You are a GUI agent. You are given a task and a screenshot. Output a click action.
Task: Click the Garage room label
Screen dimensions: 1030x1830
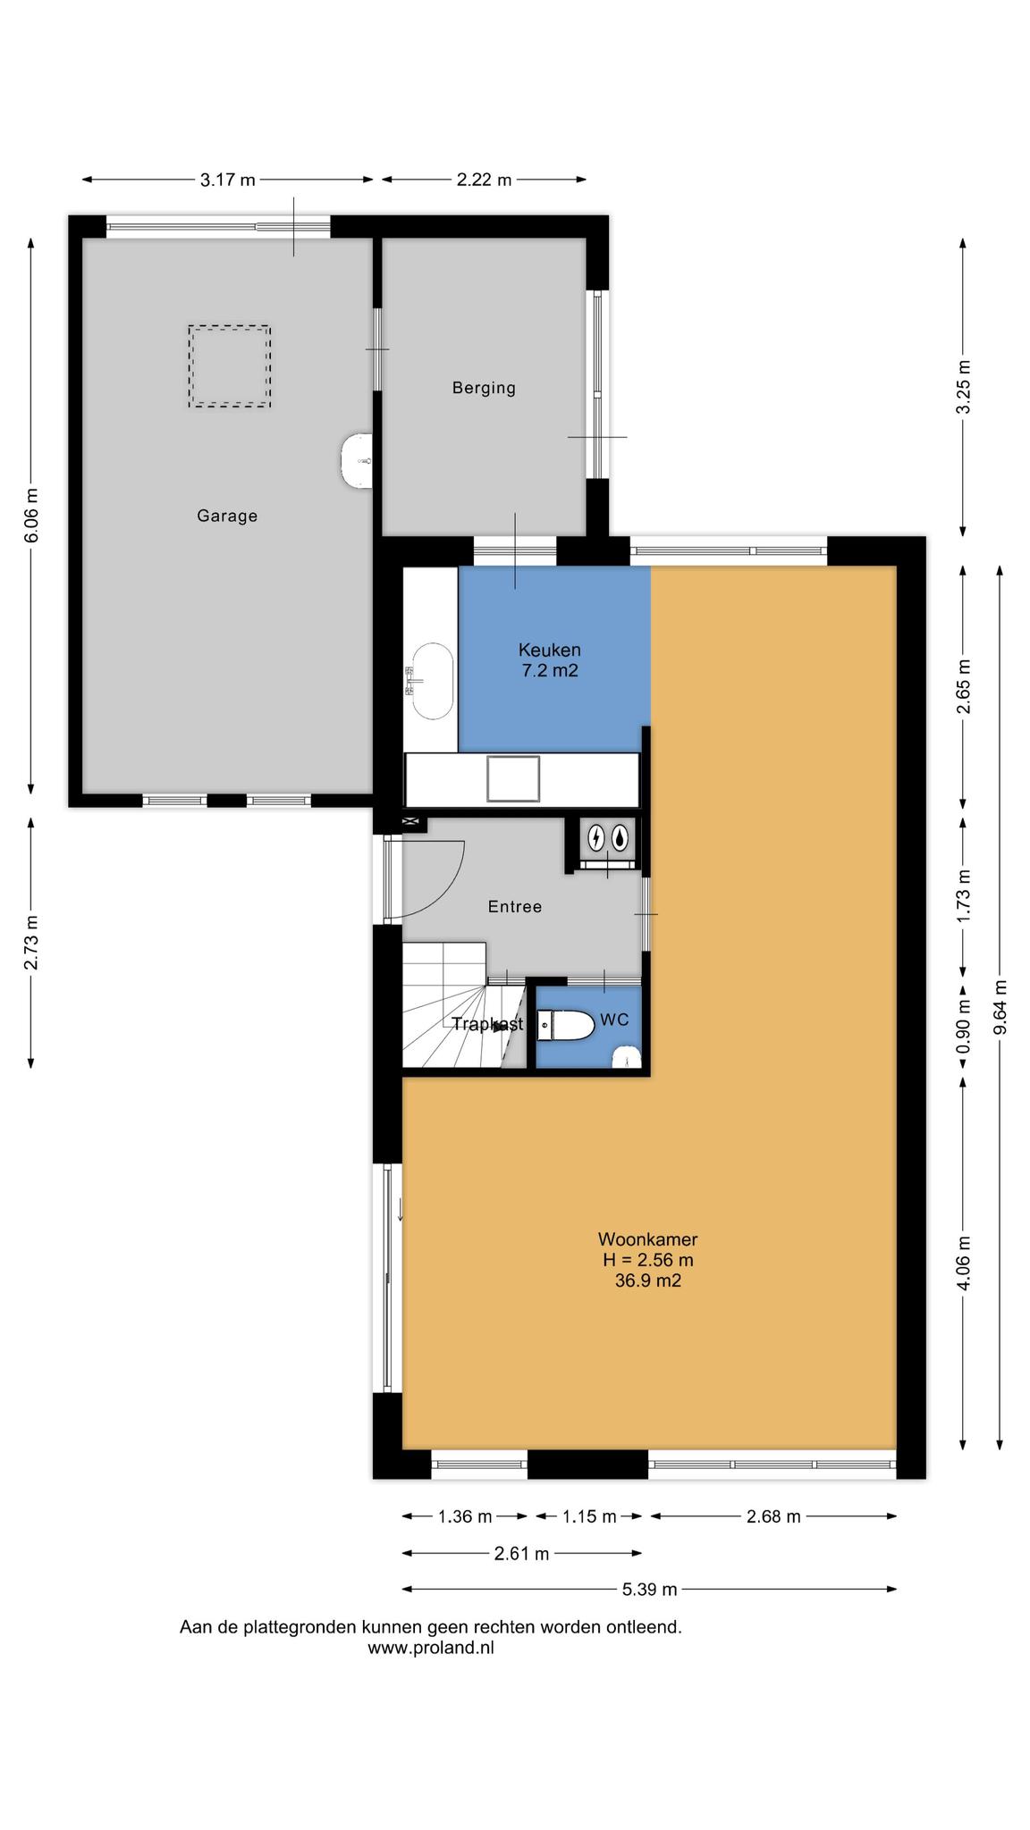click(x=227, y=516)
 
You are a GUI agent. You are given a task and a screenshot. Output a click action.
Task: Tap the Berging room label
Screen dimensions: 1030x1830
click(x=484, y=388)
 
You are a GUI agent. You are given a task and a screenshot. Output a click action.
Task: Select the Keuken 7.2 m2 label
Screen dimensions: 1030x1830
click(x=550, y=659)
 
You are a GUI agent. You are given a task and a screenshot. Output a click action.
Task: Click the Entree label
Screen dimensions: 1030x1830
click(x=515, y=906)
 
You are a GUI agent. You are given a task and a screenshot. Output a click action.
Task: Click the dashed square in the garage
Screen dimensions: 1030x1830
click(x=229, y=366)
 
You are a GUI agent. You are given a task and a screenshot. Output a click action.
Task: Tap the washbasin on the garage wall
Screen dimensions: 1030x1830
click(x=357, y=461)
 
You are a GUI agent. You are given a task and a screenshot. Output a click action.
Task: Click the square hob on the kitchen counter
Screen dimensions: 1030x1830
click(x=513, y=779)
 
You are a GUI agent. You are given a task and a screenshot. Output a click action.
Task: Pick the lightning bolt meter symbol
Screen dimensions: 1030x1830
click(x=596, y=837)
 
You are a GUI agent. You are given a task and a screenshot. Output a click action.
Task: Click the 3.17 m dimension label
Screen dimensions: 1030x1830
click(x=228, y=180)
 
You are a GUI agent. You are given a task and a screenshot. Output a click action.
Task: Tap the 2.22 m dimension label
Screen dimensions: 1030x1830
click(x=485, y=180)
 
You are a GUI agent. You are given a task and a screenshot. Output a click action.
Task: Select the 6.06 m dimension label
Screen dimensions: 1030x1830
click(x=31, y=515)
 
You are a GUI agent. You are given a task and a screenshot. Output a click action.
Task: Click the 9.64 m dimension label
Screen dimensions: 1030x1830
click(x=1000, y=1007)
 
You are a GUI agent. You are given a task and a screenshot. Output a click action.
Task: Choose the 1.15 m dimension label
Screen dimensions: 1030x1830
click(x=589, y=1515)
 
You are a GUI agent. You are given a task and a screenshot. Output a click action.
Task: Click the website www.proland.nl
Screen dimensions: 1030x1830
click(x=431, y=1648)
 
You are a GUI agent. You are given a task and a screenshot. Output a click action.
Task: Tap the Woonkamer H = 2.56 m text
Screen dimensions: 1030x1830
click(x=648, y=1249)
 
